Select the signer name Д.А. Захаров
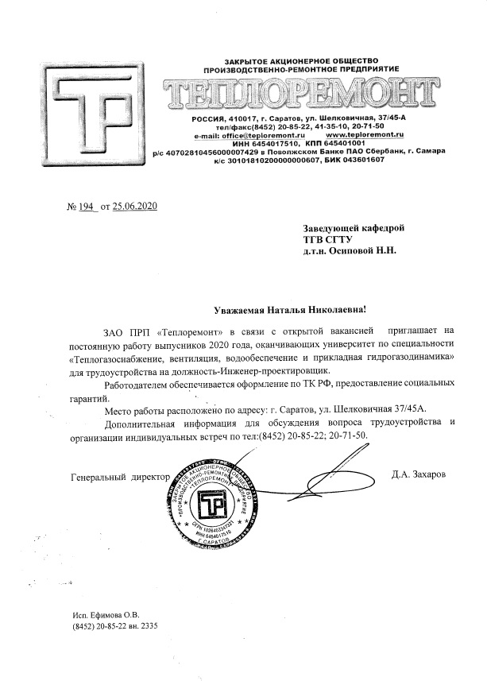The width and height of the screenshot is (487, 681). (x=419, y=475)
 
